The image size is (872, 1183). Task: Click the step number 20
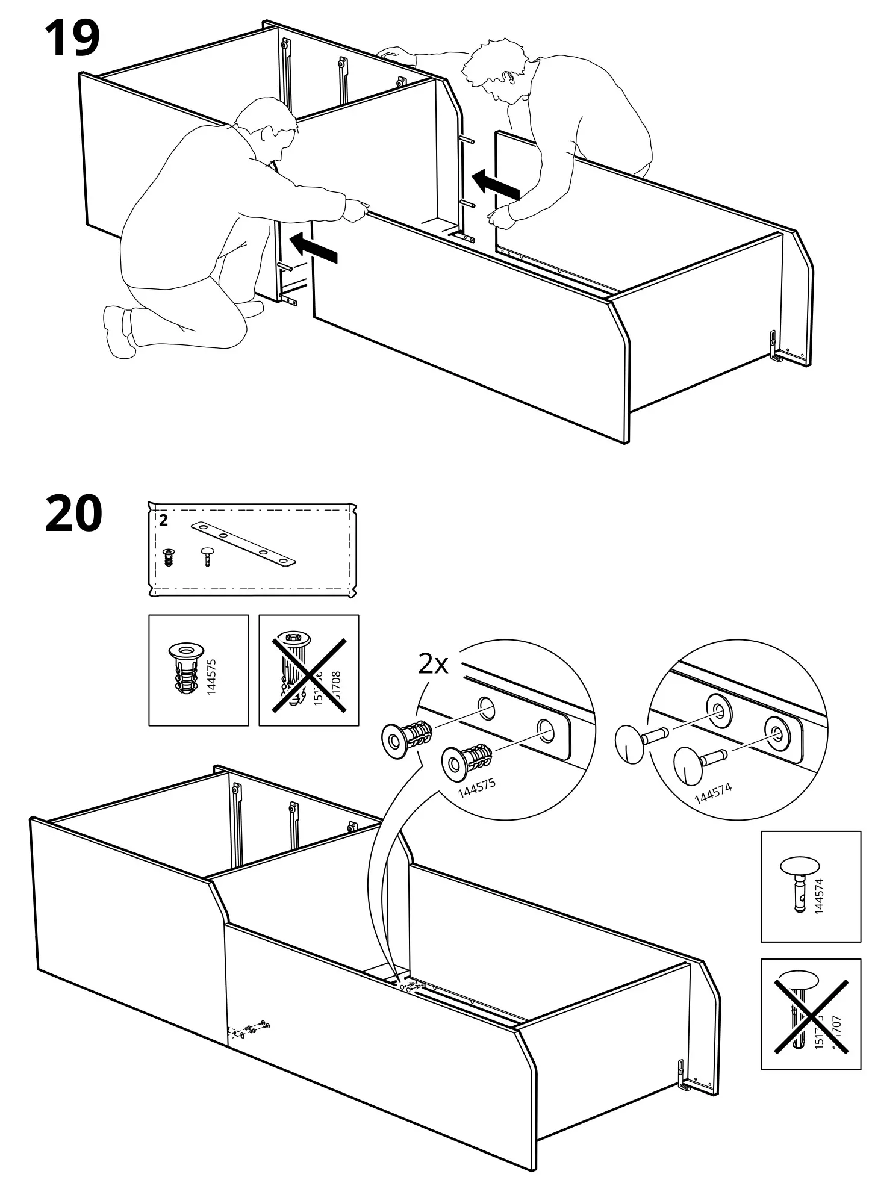click(x=73, y=514)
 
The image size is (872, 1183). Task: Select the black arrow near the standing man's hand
click(x=495, y=184)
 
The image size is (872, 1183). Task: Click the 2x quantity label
click(x=434, y=664)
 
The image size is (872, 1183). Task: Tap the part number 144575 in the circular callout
click(x=476, y=787)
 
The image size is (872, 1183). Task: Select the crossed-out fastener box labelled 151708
click(x=308, y=670)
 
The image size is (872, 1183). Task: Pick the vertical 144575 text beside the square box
click(x=211, y=677)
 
